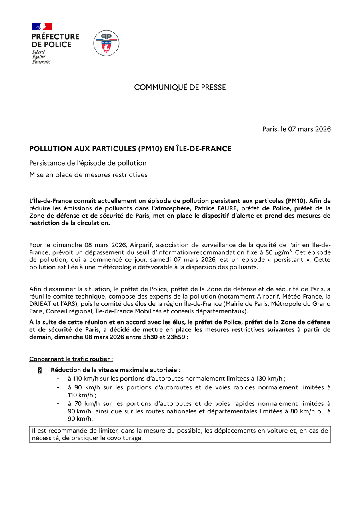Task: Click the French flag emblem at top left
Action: pyautogui.click(x=42, y=26)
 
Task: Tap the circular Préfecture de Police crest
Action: pyautogui.click(x=106, y=43)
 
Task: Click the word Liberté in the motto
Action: pyautogui.click(x=38, y=52)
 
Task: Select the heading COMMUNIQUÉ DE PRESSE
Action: pyautogui.click(x=180, y=87)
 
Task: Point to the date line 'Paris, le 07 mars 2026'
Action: pyautogui.click(x=297, y=129)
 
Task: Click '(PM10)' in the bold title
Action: pyautogui.click(x=150, y=149)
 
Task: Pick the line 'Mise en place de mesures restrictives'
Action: pyautogui.click(x=88, y=175)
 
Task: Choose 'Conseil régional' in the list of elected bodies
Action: pyautogui.click(x=68, y=311)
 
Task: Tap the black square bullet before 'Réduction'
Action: pyautogui.click(x=40, y=371)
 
